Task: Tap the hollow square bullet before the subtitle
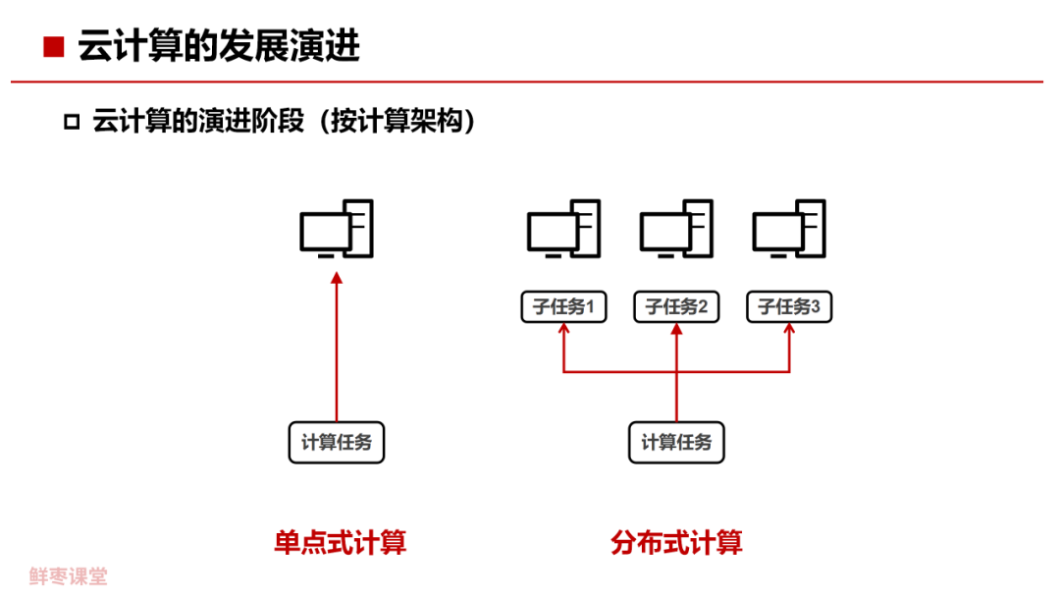[x=71, y=122]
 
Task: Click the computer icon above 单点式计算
[x=337, y=229]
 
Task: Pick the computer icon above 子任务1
[x=563, y=229]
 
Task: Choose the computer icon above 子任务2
[x=676, y=229]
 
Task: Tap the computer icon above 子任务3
[x=789, y=229]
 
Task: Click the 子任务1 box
[x=563, y=307]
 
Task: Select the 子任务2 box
[x=676, y=307]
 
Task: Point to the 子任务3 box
[x=789, y=307]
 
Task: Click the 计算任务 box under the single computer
[x=337, y=442]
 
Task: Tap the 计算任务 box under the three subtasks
[x=676, y=442]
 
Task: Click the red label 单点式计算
[x=340, y=542]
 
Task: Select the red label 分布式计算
[x=676, y=542]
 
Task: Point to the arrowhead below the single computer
[x=337, y=280]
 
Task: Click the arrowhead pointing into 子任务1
[x=563, y=331]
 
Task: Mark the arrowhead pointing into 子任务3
[x=789, y=331]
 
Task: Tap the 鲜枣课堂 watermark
[x=69, y=576]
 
